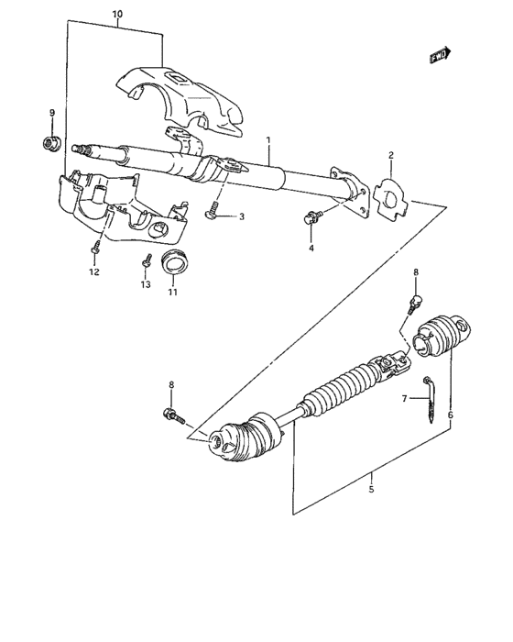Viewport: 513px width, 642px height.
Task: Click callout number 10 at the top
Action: coord(116,16)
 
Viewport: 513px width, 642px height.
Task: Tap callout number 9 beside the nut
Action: coord(52,113)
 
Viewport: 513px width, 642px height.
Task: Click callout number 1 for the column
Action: coord(268,140)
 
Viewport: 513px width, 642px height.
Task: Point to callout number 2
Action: coord(390,156)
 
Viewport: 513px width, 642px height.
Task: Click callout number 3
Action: coord(242,216)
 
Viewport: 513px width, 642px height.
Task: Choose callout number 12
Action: coord(93,272)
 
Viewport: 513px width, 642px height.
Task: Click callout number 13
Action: coord(144,285)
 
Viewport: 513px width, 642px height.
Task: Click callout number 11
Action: coord(171,293)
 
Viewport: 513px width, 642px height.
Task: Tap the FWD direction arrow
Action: coord(442,56)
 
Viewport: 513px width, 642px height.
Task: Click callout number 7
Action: coord(404,398)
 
